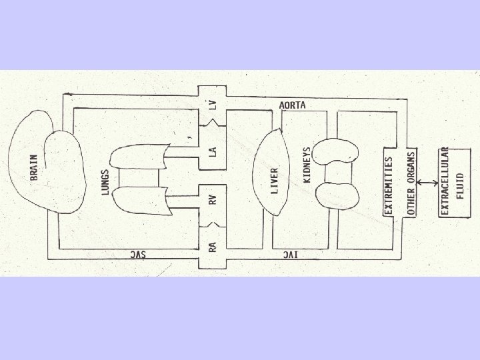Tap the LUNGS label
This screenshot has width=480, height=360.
click(x=105, y=180)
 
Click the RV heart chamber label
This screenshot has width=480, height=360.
click(x=212, y=199)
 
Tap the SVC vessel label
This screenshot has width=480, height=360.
click(x=137, y=255)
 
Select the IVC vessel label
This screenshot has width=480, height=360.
click(x=289, y=255)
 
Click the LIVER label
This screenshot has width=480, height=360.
click(x=275, y=180)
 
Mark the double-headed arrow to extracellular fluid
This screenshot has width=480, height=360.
click(x=425, y=181)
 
